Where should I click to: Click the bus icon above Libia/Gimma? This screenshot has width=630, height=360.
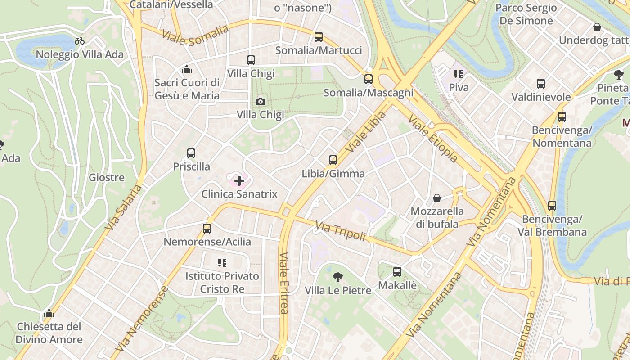(x=333, y=160)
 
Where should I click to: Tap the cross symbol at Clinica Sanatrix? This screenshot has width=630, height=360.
(x=239, y=181)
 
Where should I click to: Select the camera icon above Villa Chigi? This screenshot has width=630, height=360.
(x=260, y=101)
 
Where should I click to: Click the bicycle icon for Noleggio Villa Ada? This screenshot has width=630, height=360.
(x=80, y=41)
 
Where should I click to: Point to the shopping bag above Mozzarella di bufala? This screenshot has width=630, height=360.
(x=436, y=198)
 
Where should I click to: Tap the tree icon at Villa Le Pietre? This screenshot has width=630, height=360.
(x=337, y=277)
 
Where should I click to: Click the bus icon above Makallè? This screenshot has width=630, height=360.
(x=397, y=271)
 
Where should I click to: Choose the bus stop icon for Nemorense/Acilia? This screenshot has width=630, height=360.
(x=207, y=228)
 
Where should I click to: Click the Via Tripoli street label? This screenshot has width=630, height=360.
(x=340, y=231)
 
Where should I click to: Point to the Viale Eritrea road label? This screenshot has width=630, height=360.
(x=283, y=283)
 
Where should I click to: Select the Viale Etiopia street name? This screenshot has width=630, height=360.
(x=433, y=138)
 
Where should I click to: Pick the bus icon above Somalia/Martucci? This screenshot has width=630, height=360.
(x=319, y=37)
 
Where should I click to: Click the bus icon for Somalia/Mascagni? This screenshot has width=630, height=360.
(x=369, y=79)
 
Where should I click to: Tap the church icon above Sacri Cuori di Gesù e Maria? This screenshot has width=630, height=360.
(x=187, y=69)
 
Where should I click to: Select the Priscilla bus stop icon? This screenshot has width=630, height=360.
(x=191, y=153)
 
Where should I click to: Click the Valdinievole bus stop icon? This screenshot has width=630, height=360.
(x=541, y=83)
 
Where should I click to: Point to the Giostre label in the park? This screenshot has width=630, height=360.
(x=107, y=177)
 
